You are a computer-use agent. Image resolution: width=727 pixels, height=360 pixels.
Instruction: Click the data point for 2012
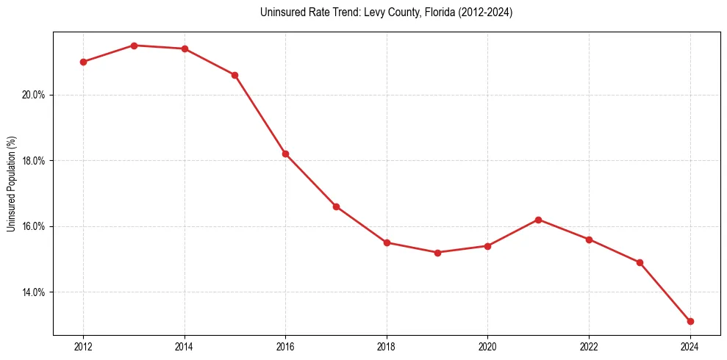[83, 62]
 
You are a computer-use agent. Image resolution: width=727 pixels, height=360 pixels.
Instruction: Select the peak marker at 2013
[134, 46]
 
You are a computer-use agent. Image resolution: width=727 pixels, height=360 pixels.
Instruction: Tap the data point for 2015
[234, 75]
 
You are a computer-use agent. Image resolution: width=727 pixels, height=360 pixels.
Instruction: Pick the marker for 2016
[285, 154]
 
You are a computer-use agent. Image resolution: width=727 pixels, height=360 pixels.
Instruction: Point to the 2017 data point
[336, 206]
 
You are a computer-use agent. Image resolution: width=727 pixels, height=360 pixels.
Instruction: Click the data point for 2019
[437, 253]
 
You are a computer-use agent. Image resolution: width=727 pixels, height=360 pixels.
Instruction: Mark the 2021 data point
[538, 220]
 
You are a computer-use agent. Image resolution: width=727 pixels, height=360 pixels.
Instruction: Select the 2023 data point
[640, 262]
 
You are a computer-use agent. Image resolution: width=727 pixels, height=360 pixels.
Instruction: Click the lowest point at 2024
[690, 321]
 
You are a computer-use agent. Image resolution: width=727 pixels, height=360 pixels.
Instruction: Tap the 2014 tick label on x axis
[185, 347]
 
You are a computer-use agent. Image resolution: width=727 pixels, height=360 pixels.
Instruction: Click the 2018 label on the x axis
[387, 347]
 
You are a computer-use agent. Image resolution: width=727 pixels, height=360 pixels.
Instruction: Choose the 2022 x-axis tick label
[589, 347]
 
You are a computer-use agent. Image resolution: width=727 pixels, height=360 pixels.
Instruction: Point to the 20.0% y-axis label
[35, 95]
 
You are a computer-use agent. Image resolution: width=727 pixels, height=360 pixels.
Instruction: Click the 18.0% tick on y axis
[35, 161]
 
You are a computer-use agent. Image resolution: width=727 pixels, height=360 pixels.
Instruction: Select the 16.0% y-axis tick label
[35, 226]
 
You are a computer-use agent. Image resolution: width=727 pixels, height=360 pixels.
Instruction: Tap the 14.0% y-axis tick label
[35, 292]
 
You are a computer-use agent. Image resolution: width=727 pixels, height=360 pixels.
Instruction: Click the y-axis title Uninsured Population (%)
[11, 184]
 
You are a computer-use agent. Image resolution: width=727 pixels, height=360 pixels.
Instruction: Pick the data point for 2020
[487, 246]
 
